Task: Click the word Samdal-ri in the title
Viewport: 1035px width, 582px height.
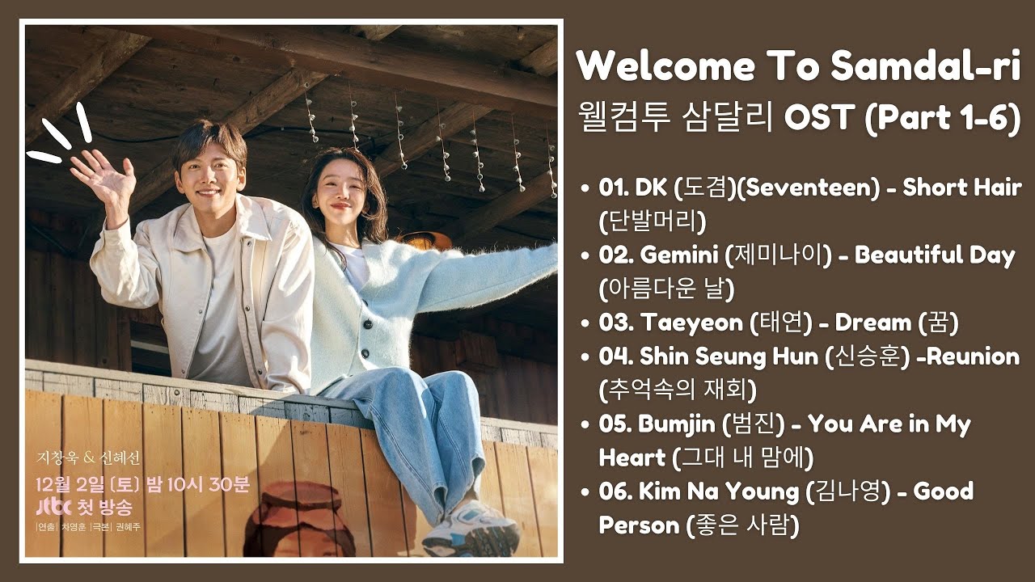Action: pos(926,65)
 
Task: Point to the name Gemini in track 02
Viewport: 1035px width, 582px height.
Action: pos(678,255)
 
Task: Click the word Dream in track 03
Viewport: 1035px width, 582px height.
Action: pos(872,323)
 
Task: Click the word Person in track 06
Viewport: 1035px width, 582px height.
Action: pos(639,525)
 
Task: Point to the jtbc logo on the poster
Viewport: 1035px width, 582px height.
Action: pos(53,506)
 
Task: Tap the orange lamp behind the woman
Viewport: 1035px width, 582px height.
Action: pos(425,239)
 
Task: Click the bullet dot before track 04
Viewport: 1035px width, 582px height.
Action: pos(585,357)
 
